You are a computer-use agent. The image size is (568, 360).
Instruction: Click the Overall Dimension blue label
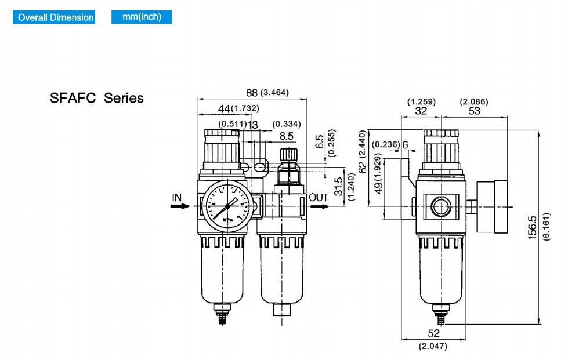coord(56,17)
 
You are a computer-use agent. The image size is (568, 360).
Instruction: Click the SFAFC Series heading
coord(97,98)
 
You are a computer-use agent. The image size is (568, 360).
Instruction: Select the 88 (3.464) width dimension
coord(267,93)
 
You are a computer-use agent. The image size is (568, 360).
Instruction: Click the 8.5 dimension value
coord(287,136)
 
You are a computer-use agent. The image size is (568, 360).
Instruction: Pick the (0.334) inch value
coord(287,123)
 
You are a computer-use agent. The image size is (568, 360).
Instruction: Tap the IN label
coord(177,198)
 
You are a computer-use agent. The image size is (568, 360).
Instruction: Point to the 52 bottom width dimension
coord(433,333)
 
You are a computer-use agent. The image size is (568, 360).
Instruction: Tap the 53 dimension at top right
coord(474,111)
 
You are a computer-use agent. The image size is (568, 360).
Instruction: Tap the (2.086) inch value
coord(474,101)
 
